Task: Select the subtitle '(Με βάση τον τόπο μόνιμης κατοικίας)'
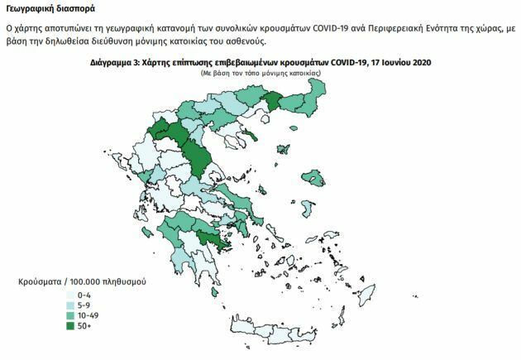260,74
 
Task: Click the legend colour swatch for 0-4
69,294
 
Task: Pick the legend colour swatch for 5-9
69,305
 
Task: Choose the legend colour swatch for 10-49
69,315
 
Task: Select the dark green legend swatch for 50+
69,326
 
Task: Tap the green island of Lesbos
314,176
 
